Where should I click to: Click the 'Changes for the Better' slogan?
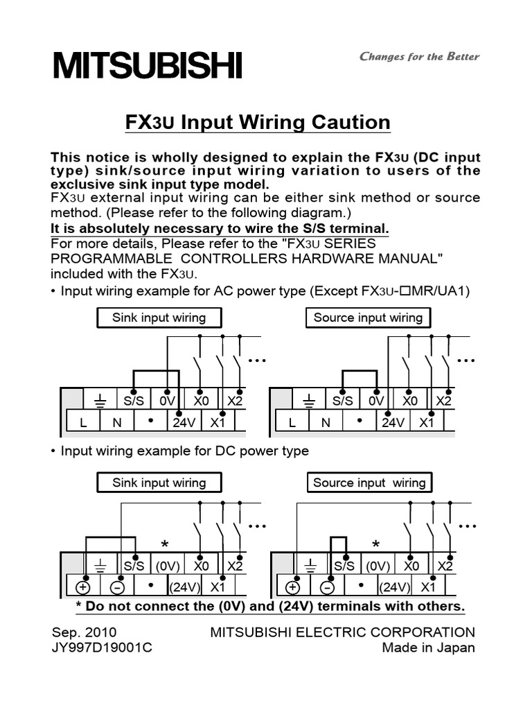click(x=419, y=57)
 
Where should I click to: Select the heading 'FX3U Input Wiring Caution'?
click(x=258, y=123)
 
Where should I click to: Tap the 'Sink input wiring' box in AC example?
click(x=159, y=318)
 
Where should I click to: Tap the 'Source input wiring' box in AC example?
click(x=368, y=318)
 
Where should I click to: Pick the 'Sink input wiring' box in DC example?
click(x=159, y=483)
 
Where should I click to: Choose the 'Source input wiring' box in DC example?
click(x=369, y=483)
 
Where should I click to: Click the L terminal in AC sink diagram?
click(x=83, y=422)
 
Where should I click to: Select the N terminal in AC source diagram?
click(x=325, y=422)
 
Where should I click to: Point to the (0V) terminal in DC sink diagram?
click(x=168, y=566)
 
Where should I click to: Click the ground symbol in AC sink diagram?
click(x=99, y=400)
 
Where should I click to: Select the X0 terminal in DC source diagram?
click(x=412, y=566)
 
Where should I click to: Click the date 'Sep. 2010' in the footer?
click(x=85, y=632)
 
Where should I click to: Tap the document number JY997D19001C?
click(x=103, y=648)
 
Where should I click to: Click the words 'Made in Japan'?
click(x=429, y=648)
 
